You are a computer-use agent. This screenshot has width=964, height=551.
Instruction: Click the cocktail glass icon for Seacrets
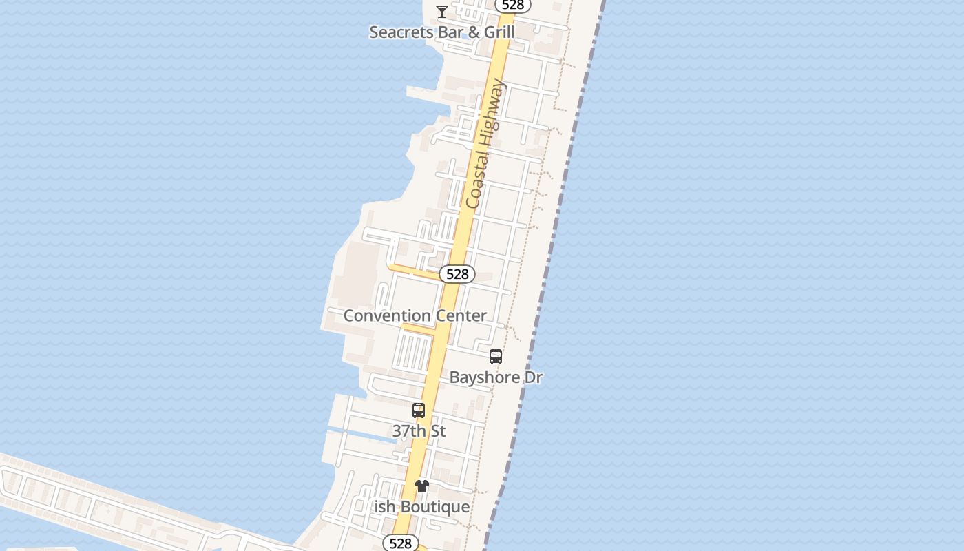click(442, 11)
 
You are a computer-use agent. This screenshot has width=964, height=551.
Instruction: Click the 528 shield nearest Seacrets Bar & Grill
click(513, 5)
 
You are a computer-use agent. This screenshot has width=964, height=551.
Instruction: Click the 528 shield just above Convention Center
click(457, 274)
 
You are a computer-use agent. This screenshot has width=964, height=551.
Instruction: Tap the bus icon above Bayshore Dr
click(496, 357)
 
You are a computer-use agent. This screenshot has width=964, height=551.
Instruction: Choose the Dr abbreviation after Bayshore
click(534, 377)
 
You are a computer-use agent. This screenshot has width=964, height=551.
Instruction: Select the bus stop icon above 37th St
click(419, 410)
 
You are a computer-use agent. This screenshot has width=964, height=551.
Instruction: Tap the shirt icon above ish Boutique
click(422, 486)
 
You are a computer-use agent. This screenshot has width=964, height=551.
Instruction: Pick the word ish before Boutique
click(384, 507)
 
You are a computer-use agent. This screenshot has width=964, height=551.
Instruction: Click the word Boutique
click(434, 507)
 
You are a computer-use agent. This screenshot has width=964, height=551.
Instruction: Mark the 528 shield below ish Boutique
click(400, 543)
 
